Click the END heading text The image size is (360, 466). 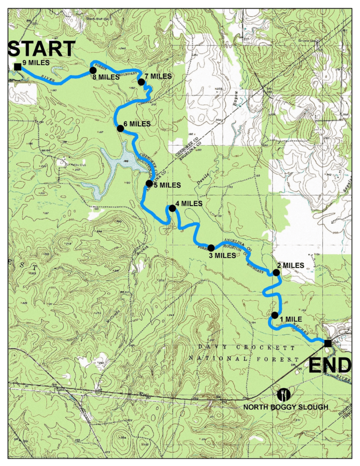(x=330, y=365)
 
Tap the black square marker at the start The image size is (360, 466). (x=17, y=67)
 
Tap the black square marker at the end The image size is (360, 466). (x=328, y=343)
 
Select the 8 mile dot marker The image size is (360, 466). (x=93, y=70)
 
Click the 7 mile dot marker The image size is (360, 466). (x=141, y=82)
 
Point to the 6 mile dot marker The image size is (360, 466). (x=120, y=129)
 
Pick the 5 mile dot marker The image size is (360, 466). (x=149, y=183)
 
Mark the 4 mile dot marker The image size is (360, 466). (x=172, y=208)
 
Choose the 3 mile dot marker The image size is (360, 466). (x=211, y=248)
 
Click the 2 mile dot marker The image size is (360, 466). (x=276, y=273)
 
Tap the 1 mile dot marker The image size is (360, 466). (x=274, y=315)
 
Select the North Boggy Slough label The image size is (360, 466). (x=285, y=406)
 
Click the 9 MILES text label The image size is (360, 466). (x=35, y=62)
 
